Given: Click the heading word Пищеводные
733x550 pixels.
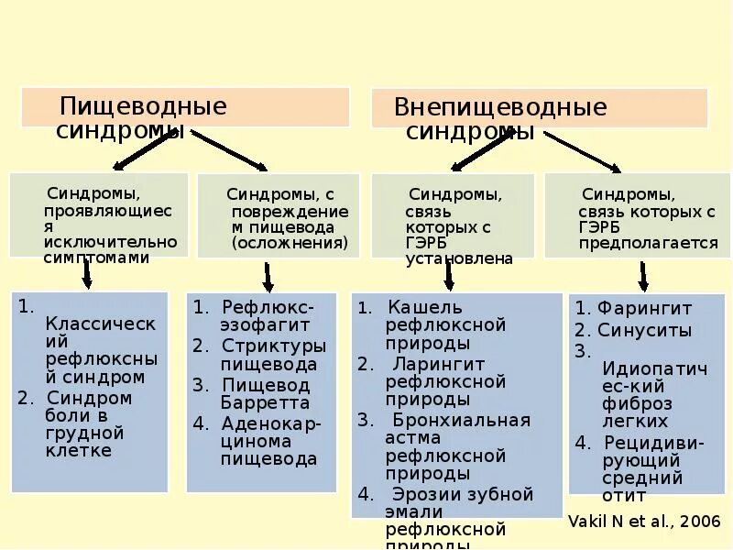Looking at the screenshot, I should coord(142,105).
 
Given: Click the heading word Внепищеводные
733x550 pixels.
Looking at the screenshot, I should coord(500,107).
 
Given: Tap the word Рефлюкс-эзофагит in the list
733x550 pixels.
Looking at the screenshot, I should coord(268,315).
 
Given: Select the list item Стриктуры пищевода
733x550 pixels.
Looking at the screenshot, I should coord(273,354).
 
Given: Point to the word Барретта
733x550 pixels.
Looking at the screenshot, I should coord(265,402).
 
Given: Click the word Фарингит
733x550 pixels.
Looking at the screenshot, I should coord(644,308).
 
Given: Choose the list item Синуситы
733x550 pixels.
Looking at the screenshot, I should coord(644,331).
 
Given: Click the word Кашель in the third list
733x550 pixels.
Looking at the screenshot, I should coord(425,307).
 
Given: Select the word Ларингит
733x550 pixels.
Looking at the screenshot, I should coord(435,363).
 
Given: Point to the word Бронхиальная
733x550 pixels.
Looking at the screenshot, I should coord(460,420).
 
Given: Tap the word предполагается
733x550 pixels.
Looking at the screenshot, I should coord(649,243).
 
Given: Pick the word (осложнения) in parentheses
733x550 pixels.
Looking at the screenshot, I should coord(290,243).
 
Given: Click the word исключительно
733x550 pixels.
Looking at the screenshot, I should coord(110,241).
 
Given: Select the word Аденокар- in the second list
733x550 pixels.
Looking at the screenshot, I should coord(268,423).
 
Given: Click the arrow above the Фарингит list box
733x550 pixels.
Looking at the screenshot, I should coord(643,275).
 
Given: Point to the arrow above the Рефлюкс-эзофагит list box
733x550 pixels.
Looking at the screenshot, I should coord(268,276).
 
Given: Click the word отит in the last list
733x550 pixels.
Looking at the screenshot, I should coord(624,496).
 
